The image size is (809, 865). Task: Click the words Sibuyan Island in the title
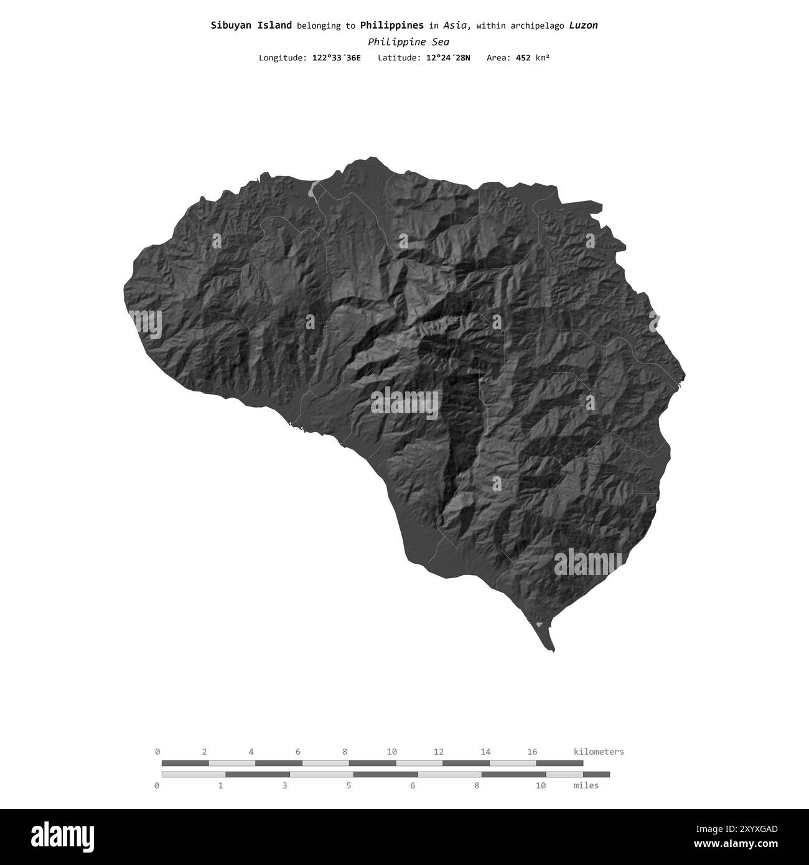click(x=251, y=26)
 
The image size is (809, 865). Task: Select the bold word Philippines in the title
click(x=391, y=26)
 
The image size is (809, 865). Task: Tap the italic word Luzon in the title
click(x=583, y=26)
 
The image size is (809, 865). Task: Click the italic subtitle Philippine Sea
click(x=408, y=42)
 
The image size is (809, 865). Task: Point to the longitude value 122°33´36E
click(x=336, y=58)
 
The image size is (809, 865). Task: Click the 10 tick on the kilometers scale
click(x=391, y=752)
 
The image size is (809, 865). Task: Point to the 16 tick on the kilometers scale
click(x=532, y=752)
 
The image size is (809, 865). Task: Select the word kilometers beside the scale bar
click(x=598, y=752)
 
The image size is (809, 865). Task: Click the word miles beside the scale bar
click(x=586, y=785)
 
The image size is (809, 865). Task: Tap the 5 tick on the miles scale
click(x=348, y=785)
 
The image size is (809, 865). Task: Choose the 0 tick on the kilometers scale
click(x=157, y=752)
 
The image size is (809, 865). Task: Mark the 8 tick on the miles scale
click(x=477, y=785)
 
